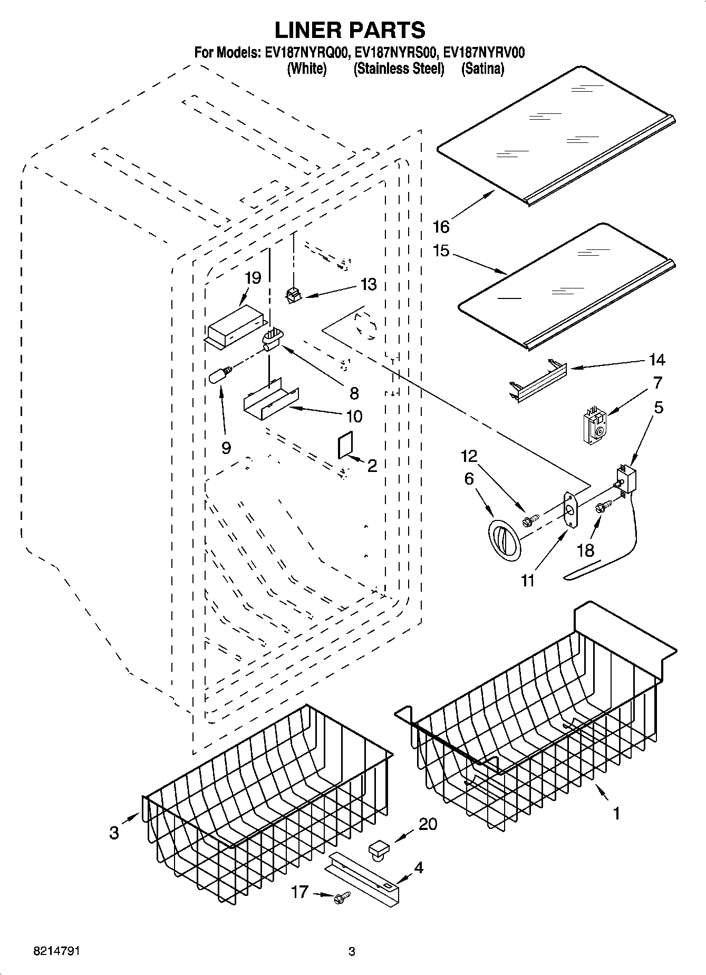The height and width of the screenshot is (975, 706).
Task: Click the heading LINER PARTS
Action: (350, 30)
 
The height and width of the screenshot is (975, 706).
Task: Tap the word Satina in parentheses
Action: (483, 69)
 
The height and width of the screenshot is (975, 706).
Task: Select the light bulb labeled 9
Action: (220, 375)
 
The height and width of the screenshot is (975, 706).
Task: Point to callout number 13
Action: (369, 285)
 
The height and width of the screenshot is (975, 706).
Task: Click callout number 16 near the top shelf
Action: (441, 227)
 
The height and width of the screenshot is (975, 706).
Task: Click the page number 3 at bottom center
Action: (352, 952)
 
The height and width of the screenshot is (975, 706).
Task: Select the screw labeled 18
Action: (602, 507)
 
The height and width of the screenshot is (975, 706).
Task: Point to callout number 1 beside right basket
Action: (616, 813)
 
